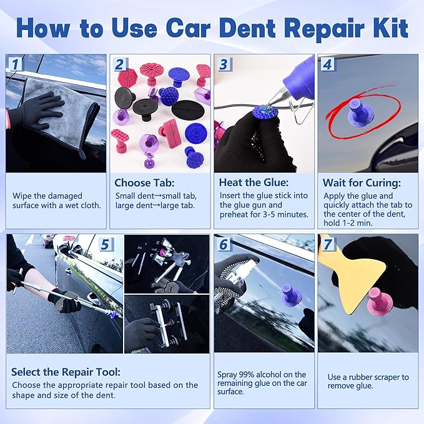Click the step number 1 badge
coord(14,64)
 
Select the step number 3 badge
coord(223,64)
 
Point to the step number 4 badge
coord(327,64)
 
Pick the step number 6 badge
coord(223,244)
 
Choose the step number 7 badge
coord(327,244)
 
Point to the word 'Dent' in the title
coord(267,28)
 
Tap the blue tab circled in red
coord(361,113)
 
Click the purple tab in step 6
coord(291,296)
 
